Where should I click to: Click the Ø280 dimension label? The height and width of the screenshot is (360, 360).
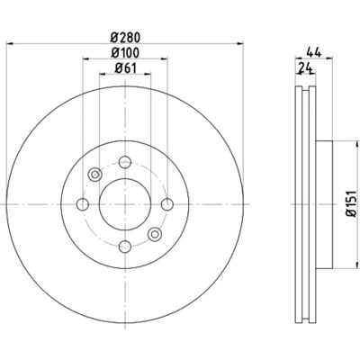click(125, 38)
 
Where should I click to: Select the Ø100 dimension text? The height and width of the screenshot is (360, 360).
click(125, 53)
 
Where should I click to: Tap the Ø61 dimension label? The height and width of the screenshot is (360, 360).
click(125, 68)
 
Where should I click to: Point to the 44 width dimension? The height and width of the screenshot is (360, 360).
click(314, 53)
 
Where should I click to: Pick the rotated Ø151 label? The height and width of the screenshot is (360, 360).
click(351, 203)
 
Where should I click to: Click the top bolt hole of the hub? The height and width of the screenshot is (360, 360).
click(125, 162)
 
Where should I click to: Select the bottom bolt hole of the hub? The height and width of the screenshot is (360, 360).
click(125, 247)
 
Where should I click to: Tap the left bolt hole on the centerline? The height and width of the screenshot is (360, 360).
click(83, 204)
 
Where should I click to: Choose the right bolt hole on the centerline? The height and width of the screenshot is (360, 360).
click(167, 204)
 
